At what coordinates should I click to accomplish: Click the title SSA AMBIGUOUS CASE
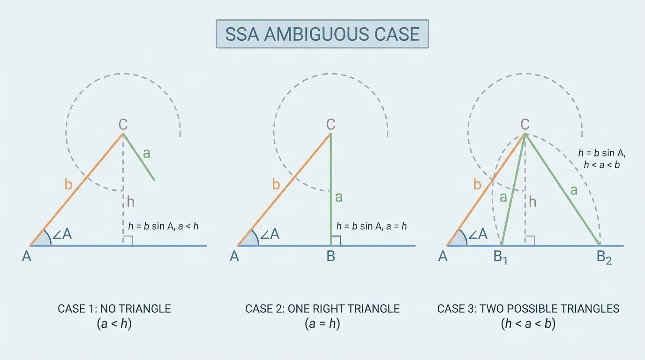pyautogui.click(x=322, y=34)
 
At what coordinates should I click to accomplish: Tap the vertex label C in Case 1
pyautogui.click(x=123, y=124)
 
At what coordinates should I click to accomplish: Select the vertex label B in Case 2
pyautogui.click(x=331, y=257)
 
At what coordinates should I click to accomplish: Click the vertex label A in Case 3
pyautogui.click(x=442, y=257)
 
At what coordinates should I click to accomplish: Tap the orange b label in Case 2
pyautogui.click(x=276, y=185)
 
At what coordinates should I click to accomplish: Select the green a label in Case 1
pyautogui.click(x=147, y=153)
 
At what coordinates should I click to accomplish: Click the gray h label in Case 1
pyautogui.click(x=131, y=202)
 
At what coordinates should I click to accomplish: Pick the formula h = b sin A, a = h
pyautogui.click(x=371, y=226)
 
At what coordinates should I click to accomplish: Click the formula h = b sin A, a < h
pyautogui.click(x=163, y=226)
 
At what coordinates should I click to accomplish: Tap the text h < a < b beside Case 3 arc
pyautogui.click(x=602, y=165)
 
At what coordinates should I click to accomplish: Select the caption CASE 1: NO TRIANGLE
pyautogui.click(x=114, y=309)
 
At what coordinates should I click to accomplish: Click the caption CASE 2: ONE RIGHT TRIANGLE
pyautogui.click(x=322, y=309)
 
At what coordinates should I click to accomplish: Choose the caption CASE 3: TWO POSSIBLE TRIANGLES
pyautogui.click(x=528, y=309)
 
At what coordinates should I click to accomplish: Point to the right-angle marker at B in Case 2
pyautogui.click(x=336, y=240)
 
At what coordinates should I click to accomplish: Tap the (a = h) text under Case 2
pyautogui.click(x=322, y=324)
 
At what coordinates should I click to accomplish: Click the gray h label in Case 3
pyautogui.click(x=532, y=202)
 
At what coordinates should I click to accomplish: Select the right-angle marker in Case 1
pyautogui.click(x=128, y=240)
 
